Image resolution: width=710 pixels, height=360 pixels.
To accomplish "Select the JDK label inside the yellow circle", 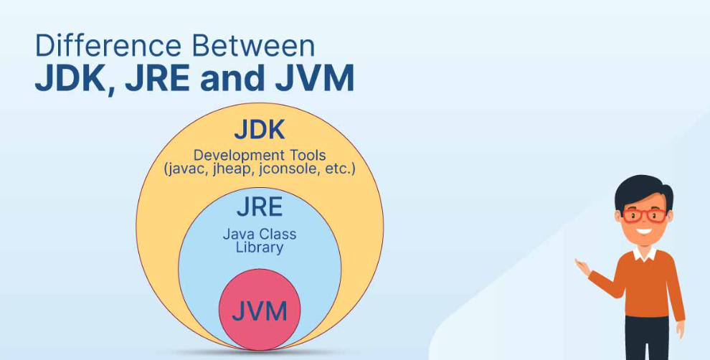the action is (x=260, y=131).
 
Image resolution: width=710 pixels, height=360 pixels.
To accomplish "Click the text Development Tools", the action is (x=260, y=155).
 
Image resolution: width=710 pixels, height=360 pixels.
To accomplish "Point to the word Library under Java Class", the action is (x=260, y=248).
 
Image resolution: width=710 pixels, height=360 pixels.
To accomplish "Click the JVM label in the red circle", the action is (x=260, y=311).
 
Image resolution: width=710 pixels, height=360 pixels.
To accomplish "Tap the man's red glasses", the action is (x=643, y=214).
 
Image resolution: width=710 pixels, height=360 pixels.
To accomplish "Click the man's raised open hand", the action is (x=582, y=267).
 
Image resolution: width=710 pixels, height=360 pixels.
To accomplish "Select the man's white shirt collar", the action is (x=644, y=253).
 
